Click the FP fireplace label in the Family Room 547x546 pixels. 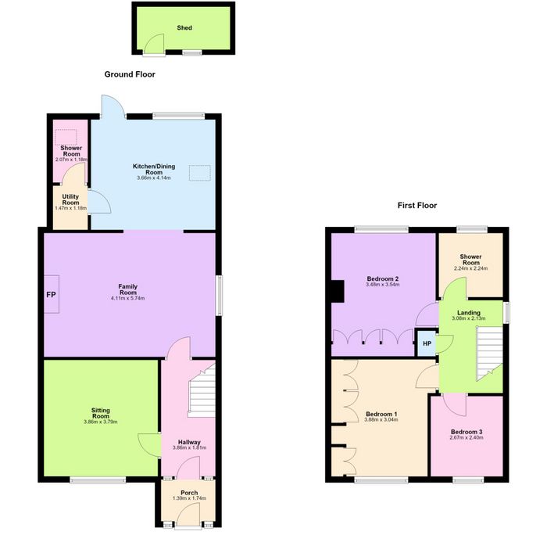pyautogui.click(x=51, y=295)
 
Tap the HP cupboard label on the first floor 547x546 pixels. pyautogui.click(x=427, y=343)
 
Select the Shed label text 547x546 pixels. pyautogui.click(x=184, y=27)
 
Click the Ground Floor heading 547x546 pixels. pyautogui.click(x=130, y=74)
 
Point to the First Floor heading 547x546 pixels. pyautogui.click(x=417, y=205)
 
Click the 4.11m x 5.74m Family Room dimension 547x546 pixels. pyautogui.click(x=127, y=298)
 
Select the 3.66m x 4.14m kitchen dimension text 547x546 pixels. pyautogui.click(x=154, y=178)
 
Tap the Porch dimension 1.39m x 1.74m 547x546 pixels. pyautogui.click(x=189, y=498)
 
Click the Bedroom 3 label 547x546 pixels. pyautogui.click(x=467, y=432)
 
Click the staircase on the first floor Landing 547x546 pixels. pyautogui.click(x=489, y=354)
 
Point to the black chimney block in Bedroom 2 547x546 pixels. pyautogui.click(x=338, y=291)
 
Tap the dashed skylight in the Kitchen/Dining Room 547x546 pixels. pyautogui.click(x=200, y=173)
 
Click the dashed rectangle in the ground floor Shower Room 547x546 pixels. pyautogui.click(x=66, y=137)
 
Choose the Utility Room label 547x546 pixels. pyautogui.click(x=70, y=199)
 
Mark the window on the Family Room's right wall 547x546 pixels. pyautogui.click(x=219, y=296)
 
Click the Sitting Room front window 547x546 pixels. pyautogui.click(x=98, y=480)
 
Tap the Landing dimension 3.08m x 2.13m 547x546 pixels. pyautogui.click(x=469, y=318)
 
